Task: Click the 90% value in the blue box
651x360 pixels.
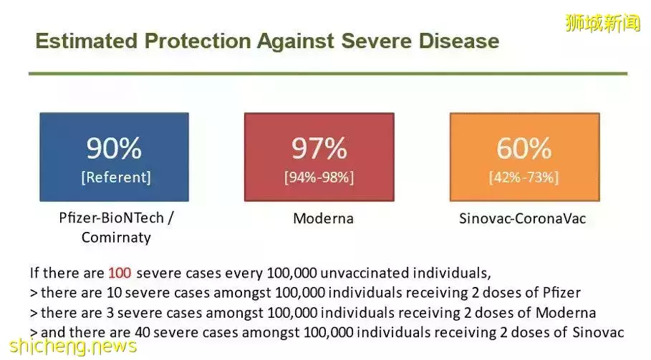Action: (114, 148)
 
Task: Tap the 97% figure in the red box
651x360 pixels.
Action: (319, 148)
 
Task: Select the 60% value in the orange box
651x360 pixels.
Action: (524, 148)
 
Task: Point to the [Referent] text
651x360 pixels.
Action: (116, 177)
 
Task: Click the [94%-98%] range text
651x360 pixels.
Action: (319, 177)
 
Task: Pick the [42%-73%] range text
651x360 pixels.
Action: (524, 177)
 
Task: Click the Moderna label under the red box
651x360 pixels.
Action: (324, 218)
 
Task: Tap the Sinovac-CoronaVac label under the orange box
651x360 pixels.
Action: (522, 218)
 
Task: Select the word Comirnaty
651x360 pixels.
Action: (116, 238)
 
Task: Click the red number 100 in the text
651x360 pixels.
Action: (120, 273)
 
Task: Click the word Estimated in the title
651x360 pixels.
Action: (87, 41)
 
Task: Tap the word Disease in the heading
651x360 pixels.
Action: (459, 41)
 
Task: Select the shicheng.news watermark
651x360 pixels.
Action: (73, 346)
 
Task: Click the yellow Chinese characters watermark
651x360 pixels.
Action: (603, 22)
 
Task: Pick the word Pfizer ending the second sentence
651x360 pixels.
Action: (561, 293)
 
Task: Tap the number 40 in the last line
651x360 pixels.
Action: (142, 332)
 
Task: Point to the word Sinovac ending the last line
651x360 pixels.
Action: (598, 332)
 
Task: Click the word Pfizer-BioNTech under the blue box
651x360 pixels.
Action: (111, 218)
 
